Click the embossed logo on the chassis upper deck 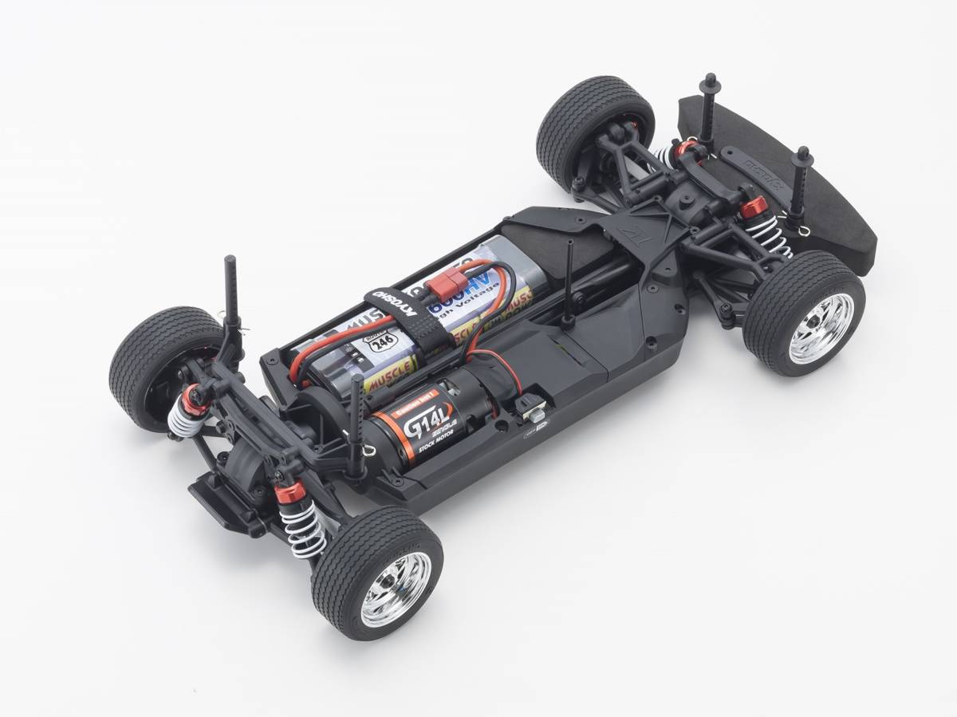(624, 232)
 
